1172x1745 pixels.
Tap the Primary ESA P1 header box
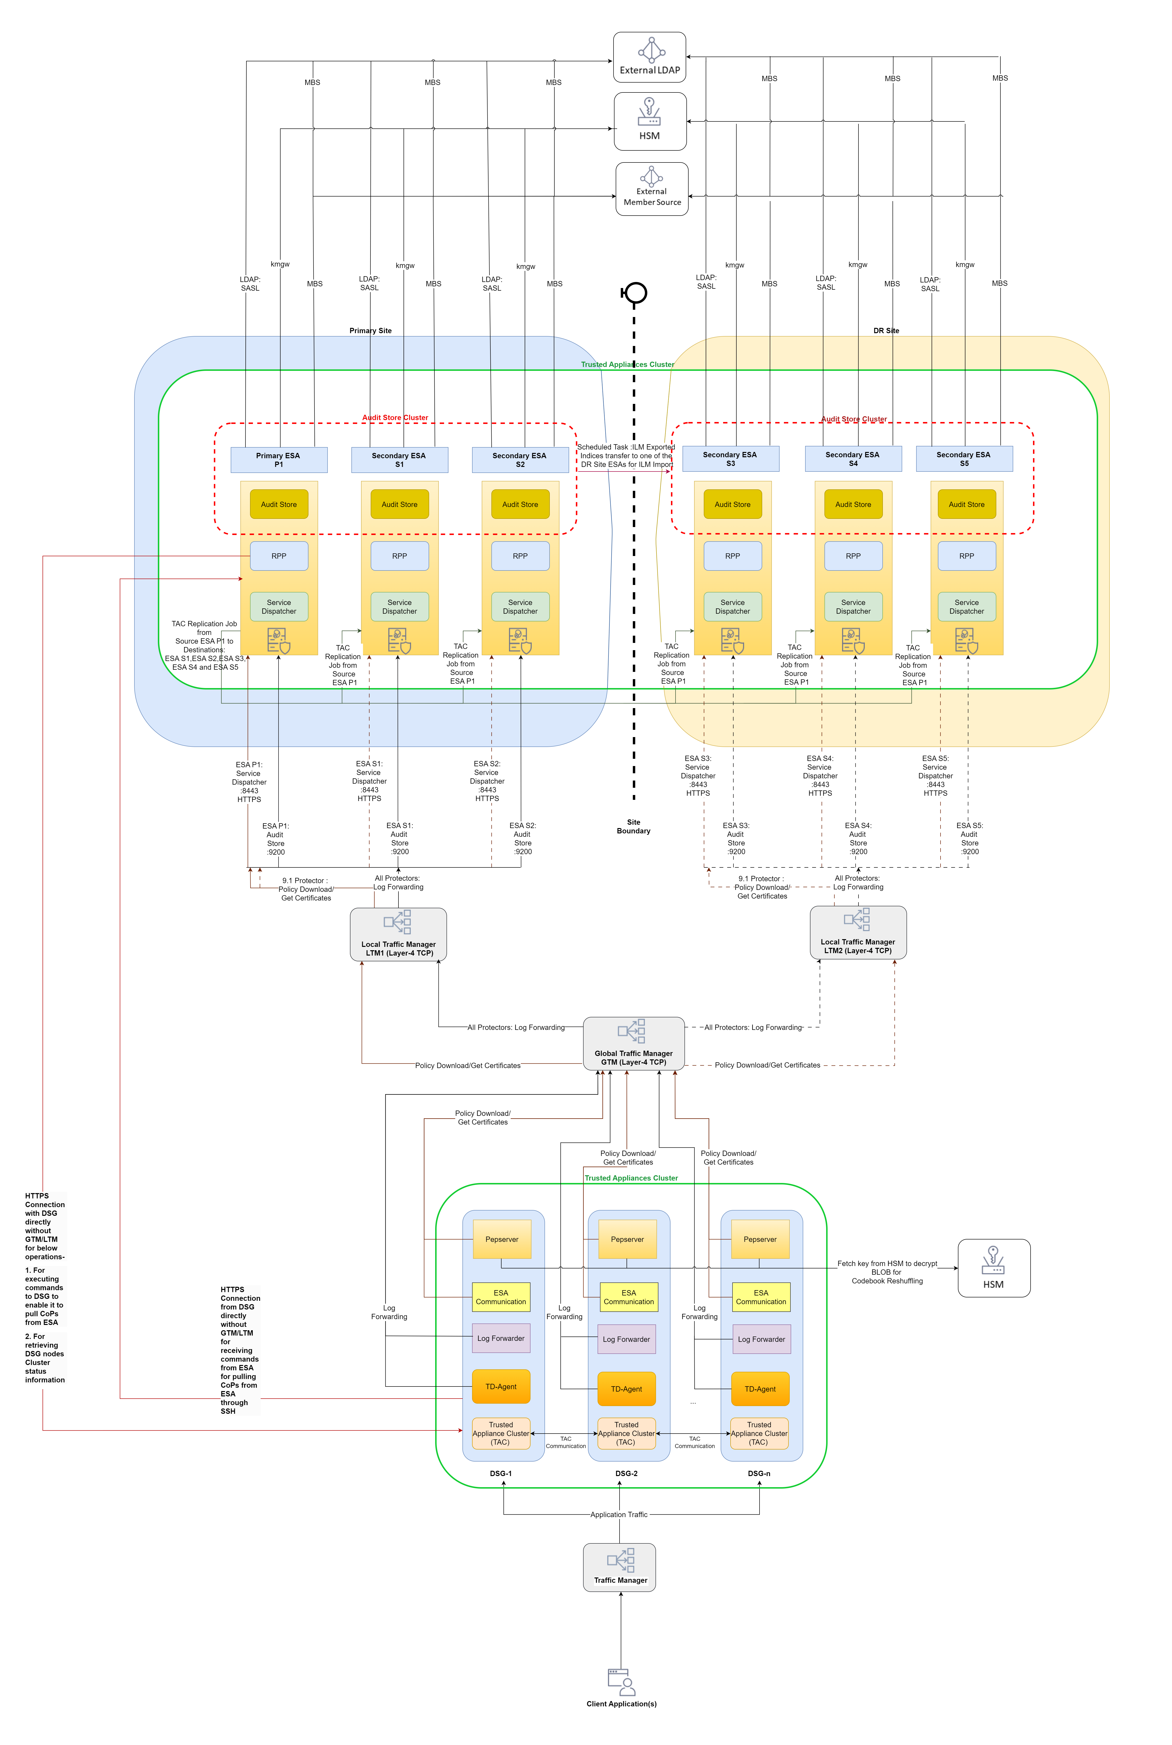(279, 460)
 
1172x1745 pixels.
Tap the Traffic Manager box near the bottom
(620, 1567)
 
